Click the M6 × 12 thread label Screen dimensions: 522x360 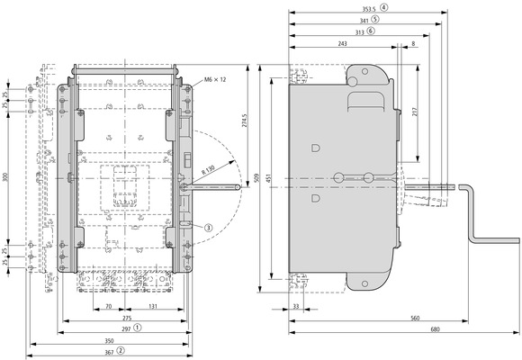(x=215, y=79)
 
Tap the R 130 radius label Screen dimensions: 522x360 (x=208, y=170)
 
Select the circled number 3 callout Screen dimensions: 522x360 (x=208, y=228)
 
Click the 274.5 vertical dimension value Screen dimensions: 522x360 (x=245, y=121)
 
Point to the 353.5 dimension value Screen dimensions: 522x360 (x=369, y=9)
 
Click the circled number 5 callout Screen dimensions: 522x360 (x=375, y=19)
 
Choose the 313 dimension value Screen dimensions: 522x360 (x=359, y=32)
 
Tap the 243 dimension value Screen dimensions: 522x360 (x=342, y=43)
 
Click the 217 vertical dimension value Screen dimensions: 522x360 (x=415, y=112)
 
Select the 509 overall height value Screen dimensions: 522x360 (x=256, y=178)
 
